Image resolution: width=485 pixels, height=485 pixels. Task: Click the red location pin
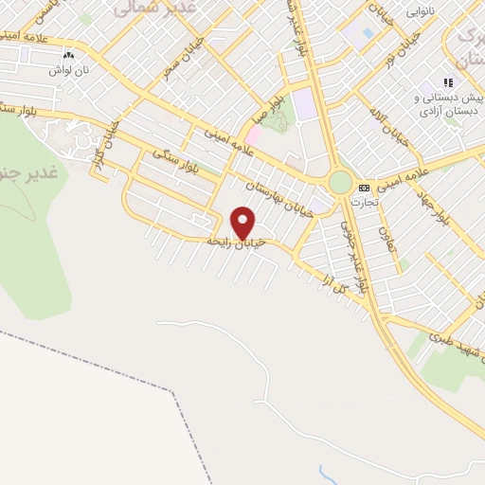coord(244,224)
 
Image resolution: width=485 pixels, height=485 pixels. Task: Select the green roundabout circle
coord(340,183)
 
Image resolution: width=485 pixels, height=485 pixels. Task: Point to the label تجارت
coord(364,201)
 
